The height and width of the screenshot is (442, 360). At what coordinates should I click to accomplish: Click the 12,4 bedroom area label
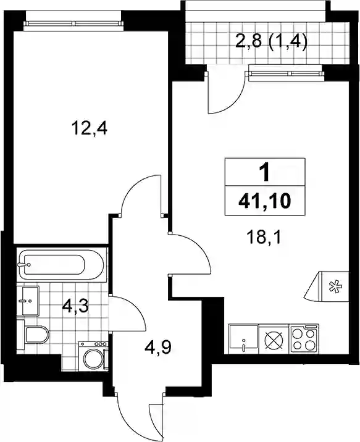(x=90, y=129)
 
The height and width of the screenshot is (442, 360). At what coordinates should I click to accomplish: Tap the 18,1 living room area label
(x=263, y=237)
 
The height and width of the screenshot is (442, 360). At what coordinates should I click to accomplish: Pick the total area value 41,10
(x=264, y=201)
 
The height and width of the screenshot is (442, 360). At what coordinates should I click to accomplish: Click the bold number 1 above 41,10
(x=264, y=173)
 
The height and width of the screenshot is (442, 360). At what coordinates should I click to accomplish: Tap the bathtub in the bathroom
(x=61, y=264)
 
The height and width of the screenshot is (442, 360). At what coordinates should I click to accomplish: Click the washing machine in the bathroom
(x=93, y=355)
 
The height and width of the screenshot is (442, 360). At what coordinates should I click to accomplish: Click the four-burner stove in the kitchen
(x=304, y=338)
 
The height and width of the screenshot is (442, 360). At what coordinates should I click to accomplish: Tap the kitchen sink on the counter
(x=244, y=338)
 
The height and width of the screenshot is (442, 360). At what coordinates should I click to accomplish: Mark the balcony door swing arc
(x=233, y=101)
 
